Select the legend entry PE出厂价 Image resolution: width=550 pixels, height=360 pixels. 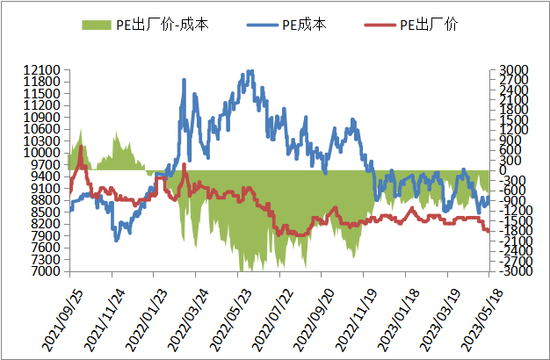click(x=431, y=25)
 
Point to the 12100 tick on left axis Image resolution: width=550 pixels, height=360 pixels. click(x=42, y=70)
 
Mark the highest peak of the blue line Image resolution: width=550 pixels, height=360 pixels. click(x=251, y=72)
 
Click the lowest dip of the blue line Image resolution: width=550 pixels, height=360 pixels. click(x=116, y=240)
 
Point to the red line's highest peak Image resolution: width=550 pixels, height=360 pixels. click(x=81, y=148)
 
